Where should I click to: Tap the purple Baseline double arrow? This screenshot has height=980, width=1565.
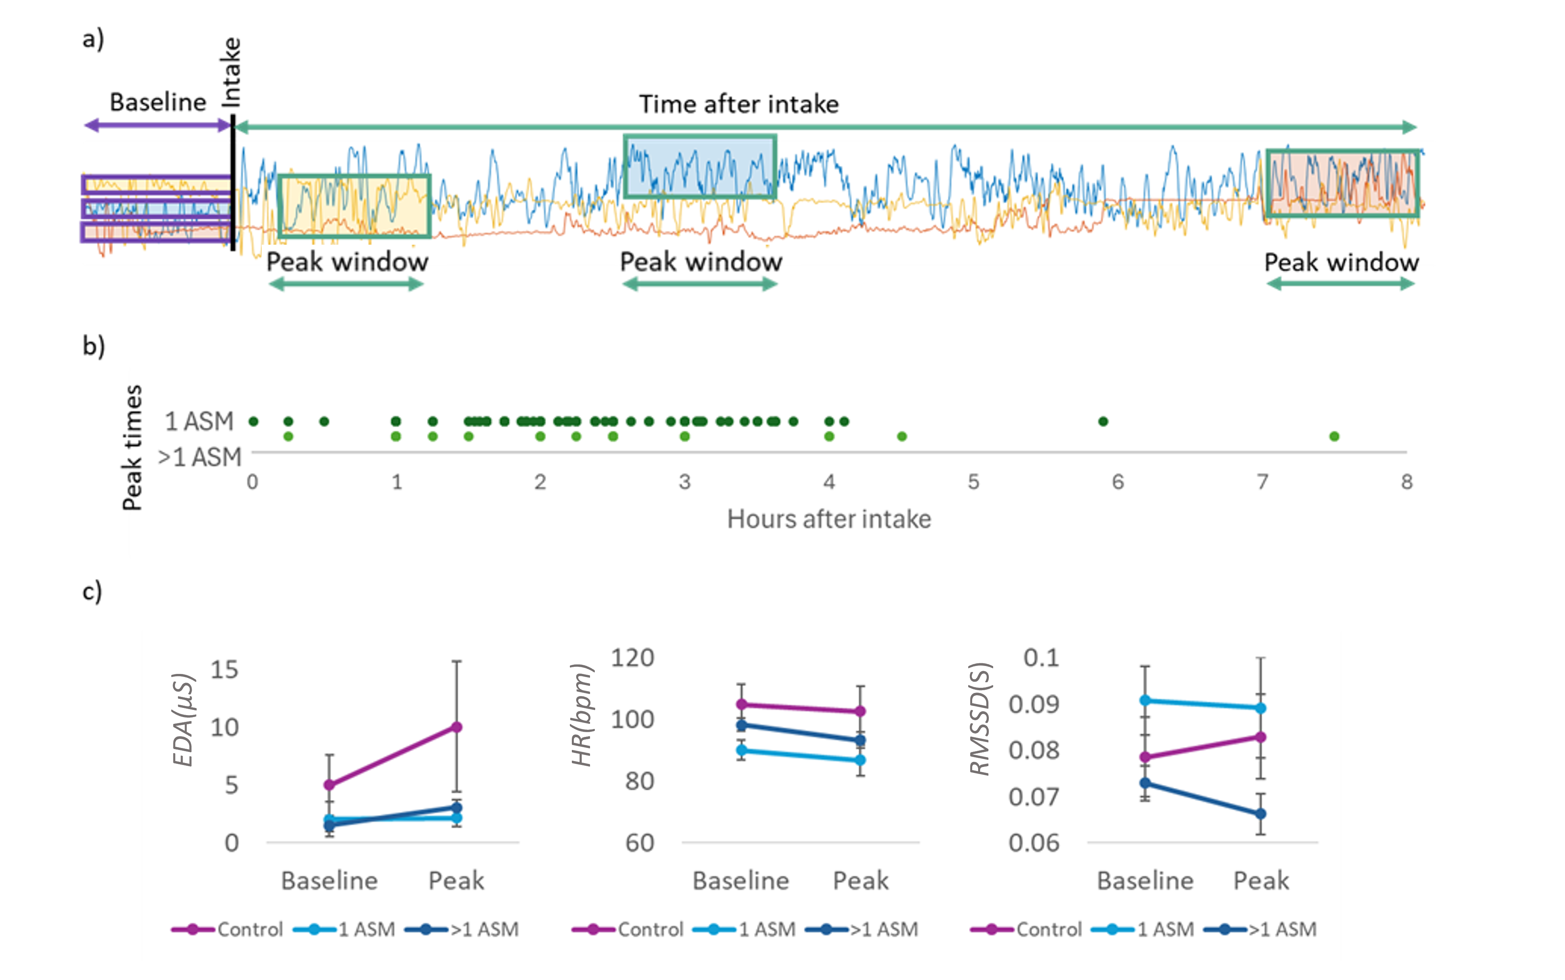pyautogui.click(x=158, y=125)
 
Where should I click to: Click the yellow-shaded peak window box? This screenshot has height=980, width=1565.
pyautogui.click(x=354, y=206)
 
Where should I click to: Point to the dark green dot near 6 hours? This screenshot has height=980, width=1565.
pyautogui.click(x=1103, y=421)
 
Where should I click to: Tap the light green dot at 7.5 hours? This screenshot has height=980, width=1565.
pyautogui.click(x=1334, y=436)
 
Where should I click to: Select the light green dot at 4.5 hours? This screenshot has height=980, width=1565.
pyautogui.click(x=901, y=436)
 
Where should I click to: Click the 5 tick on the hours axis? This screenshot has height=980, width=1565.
pyautogui.click(x=973, y=481)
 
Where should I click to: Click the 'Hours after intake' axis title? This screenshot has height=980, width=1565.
pyautogui.click(x=829, y=519)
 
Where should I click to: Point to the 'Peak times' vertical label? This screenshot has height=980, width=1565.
pyautogui.click(x=132, y=447)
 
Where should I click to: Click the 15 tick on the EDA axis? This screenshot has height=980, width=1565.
pyautogui.click(x=224, y=670)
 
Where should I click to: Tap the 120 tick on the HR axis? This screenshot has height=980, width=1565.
pyautogui.click(x=632, y=658)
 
